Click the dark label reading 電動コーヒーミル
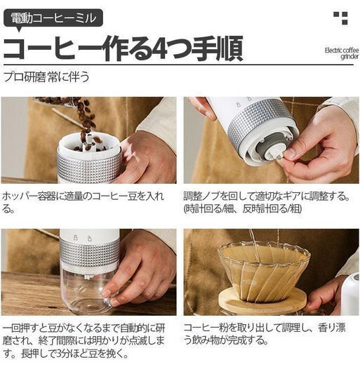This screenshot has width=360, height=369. [x=53, y=18]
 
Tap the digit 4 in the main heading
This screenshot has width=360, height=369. [x=162, y=48]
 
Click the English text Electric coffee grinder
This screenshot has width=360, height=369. [x=342, y=53]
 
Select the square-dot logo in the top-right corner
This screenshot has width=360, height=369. [x=340, y=18]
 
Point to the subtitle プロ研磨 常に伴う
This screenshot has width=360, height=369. [x=46, y=77]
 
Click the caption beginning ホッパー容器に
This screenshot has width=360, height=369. [x=83, y=202]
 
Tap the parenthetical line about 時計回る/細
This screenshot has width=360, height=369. [x=243, y=209]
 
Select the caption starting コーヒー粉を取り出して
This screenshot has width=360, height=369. [x=265, y=334]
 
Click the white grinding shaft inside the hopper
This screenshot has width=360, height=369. [x=89, y=143]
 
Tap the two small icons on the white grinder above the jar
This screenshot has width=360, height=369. [x=82, y=238]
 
